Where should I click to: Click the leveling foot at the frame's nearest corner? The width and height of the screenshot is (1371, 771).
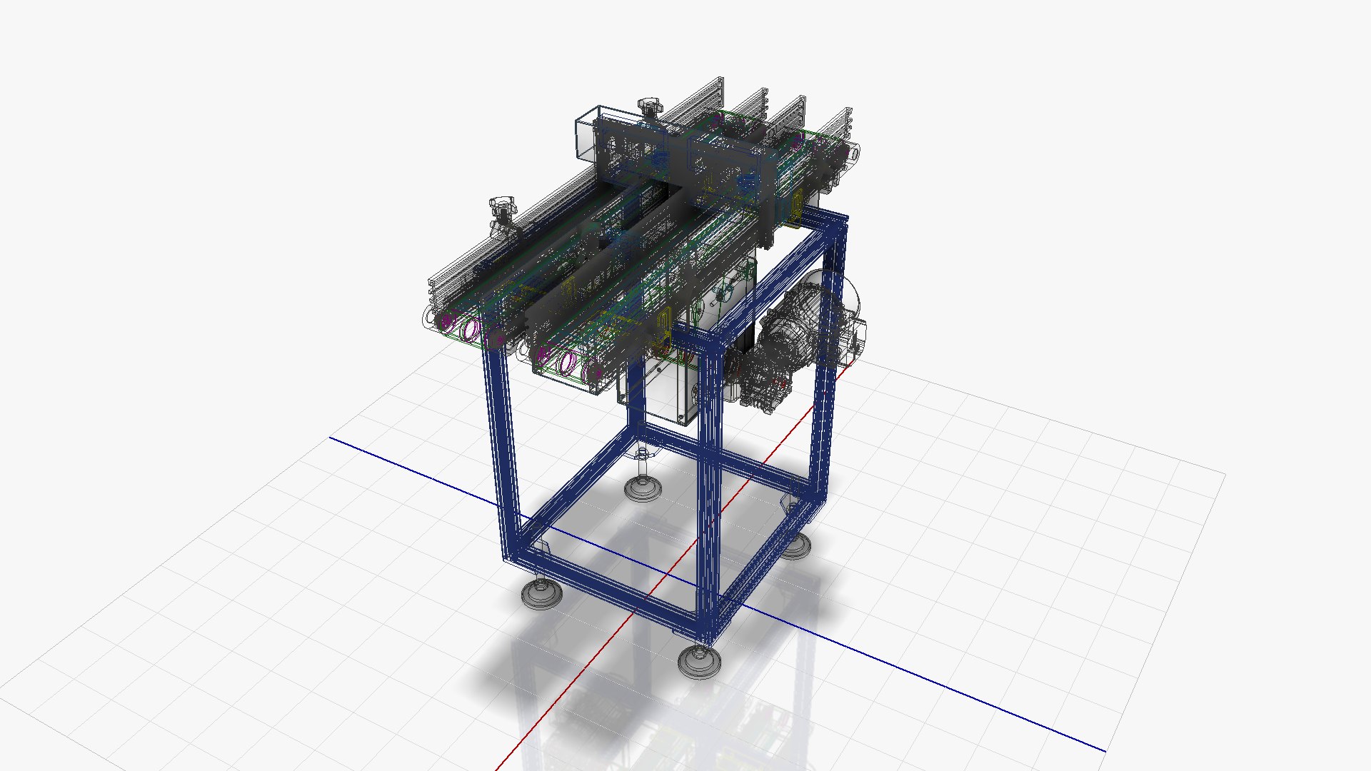point(699,660)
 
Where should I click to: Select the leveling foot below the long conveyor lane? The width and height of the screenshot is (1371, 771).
point(541,593)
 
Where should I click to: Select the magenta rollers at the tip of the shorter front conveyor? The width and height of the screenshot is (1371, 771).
point(568,363)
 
